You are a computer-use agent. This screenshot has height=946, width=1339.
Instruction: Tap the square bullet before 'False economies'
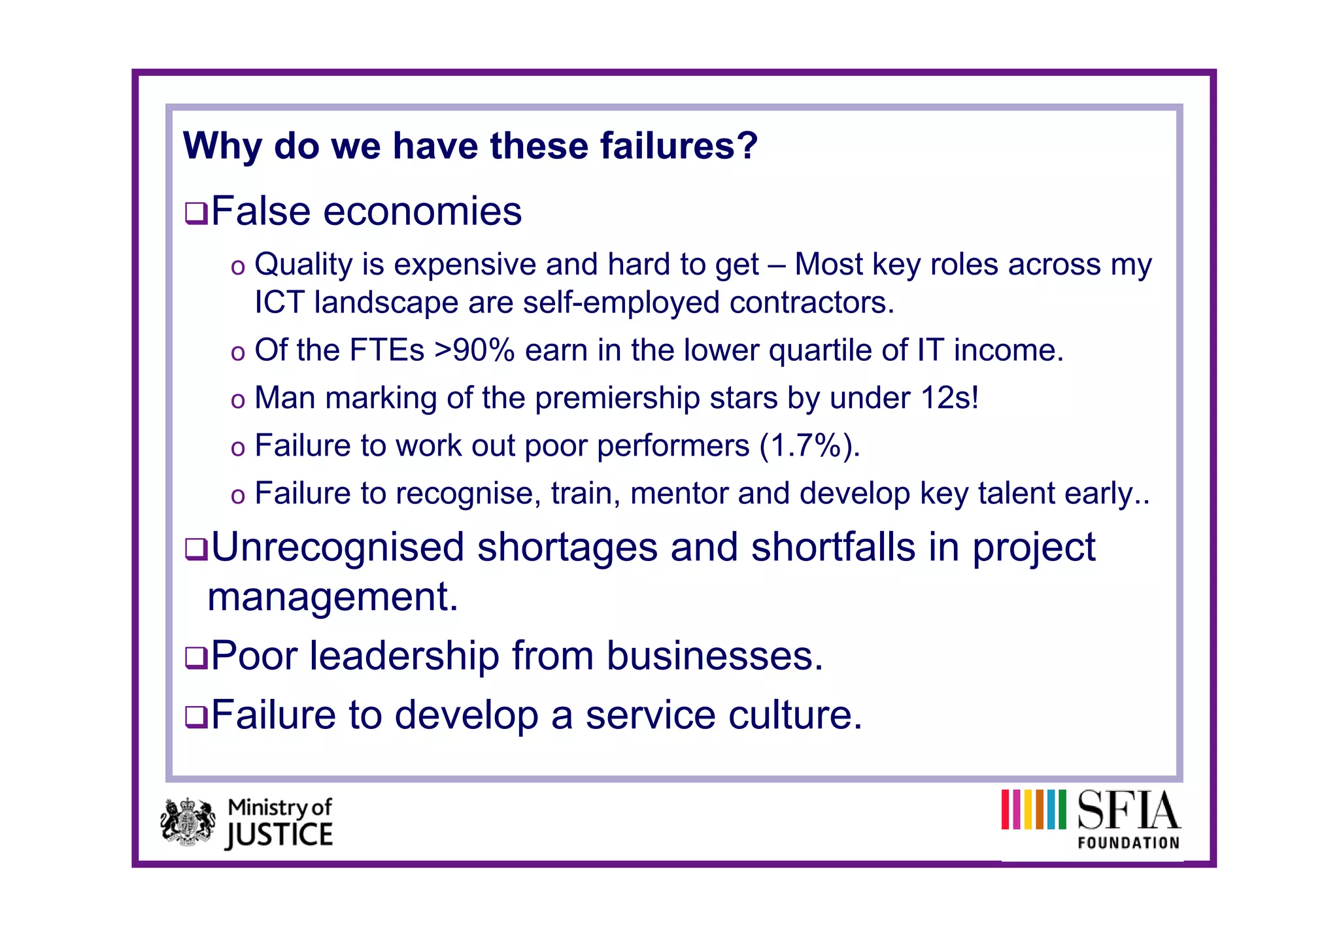(x=195, y=213)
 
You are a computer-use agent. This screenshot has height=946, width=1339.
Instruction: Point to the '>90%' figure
(x=474, y=350)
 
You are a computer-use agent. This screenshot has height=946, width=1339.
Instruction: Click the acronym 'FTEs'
(x=386, y=350)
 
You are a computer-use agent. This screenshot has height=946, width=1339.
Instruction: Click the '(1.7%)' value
(x=809, y=446)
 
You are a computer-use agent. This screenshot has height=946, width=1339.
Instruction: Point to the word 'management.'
(x=333, y=597)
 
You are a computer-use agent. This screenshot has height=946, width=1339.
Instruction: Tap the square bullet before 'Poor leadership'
(x=195, y=657)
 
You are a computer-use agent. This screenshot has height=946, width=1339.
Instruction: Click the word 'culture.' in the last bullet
(x=795, y=715)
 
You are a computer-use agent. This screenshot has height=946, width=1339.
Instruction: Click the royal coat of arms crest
(x=188, y=822)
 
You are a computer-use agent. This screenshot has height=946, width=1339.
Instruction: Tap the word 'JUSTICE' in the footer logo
(x=279, y=836)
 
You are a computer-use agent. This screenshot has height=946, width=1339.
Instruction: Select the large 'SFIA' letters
(x=1128, y=811)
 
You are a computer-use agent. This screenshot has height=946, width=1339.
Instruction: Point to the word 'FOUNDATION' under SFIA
(x=1128, y=843)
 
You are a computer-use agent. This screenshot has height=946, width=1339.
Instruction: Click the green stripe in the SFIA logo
(x=1062, y=809)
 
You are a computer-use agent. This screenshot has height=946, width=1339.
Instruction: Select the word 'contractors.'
(x=811, y=303)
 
